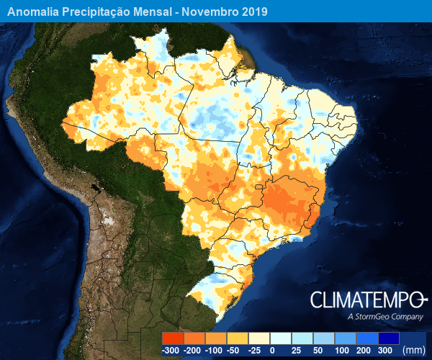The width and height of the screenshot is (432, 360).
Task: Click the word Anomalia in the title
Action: [x=35, y=12]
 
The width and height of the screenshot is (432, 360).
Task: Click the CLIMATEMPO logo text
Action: [x=367, y=300]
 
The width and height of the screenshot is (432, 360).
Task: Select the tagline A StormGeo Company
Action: [x=384, y=317]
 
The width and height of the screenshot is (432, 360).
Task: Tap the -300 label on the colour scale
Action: [x=171, y=350]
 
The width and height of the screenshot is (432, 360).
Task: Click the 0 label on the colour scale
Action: [x=272, y=350]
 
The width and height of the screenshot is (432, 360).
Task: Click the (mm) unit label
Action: [x=413, y=350]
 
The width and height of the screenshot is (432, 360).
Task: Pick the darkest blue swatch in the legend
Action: [x=388, y=338]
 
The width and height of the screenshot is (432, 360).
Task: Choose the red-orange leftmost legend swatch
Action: [x=173, y=338]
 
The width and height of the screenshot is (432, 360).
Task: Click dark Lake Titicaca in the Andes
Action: [x=94, y=191]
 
